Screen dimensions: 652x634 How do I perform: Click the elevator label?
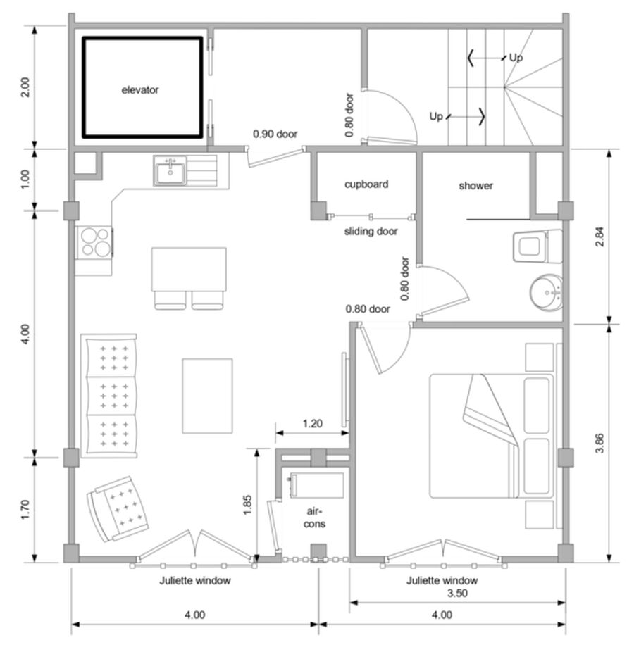[x=139, y=90]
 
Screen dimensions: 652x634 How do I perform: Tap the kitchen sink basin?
[x=170, y=170]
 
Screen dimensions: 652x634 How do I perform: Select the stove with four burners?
[x=96, y=242]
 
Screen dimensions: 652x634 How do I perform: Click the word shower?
[x=476, y=186]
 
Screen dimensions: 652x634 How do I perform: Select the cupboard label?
[x=366, y=184]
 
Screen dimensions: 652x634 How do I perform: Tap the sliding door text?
[x=371, y=231]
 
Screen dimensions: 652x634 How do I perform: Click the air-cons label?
[x=315, y=518]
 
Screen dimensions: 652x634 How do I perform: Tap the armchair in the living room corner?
[x=119, y=508]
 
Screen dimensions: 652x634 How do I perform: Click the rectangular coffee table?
[x=207, y=396]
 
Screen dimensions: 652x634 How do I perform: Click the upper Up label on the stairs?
[x=516, y=58]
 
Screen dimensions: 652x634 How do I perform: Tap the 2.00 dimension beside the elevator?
[x=25, y=87]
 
